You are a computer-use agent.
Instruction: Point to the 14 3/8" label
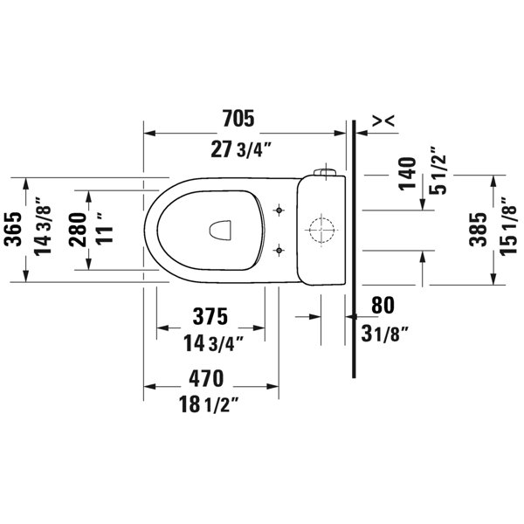click(39, 231)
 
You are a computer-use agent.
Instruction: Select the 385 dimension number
click(476, 231)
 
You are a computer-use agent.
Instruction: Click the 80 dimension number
click(383, 305)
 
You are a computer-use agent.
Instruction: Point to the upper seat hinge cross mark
click(279, 210)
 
